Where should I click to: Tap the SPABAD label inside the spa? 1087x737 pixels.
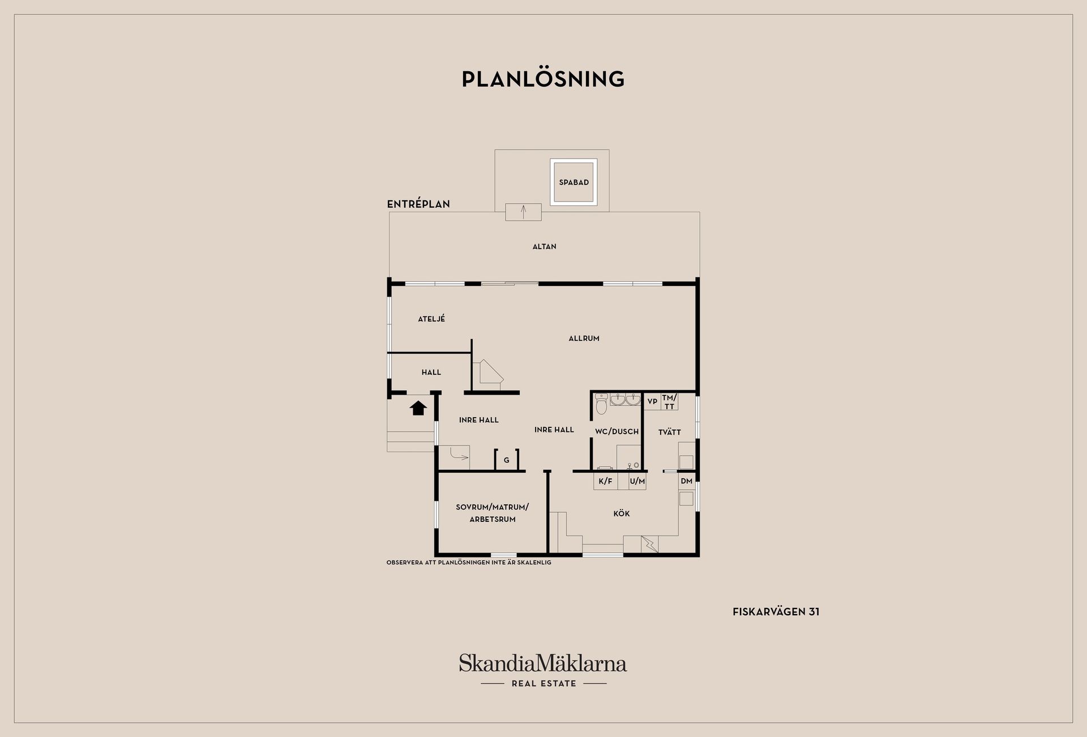click(x=574, y=182)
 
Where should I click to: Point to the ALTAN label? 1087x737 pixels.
click(x=545, y=246)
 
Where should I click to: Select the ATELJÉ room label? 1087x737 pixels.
click(x=431, y=319)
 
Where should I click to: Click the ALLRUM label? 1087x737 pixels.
click(x=584, y=338)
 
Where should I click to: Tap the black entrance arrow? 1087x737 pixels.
click(x=418, y=408)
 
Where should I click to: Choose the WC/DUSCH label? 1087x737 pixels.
click(x=617, y=431)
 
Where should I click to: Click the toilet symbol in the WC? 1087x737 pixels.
click(x=601, y=404)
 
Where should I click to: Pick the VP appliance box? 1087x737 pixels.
click(x=652, y=401)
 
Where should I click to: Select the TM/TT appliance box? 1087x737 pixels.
click(x=669, y=402)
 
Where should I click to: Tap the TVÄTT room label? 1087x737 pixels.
click(x=670, y=432)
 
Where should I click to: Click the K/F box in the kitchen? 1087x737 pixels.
click(x=606, y=481)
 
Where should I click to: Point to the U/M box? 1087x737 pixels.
click(x=637, y=481)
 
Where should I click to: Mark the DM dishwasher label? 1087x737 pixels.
click(x=687, y=481)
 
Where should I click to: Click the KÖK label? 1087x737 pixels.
click(x=622, y=513)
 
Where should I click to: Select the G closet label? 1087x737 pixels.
click(x=507, y=460)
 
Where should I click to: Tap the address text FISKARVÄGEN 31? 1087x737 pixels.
click(x=776, y=611)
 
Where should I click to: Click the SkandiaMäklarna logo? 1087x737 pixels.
click(x=543, y=670)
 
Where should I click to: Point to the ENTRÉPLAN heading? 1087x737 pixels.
click(x=418, y=204)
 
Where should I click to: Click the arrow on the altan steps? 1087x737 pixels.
click(x=524, y=212)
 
